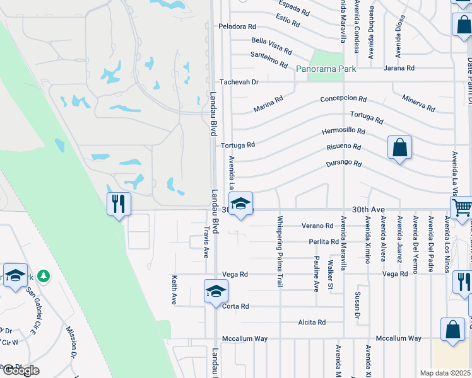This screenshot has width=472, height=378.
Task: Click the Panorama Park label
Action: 325,69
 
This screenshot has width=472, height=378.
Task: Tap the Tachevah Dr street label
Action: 239,82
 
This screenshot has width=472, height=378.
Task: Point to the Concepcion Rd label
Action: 343,99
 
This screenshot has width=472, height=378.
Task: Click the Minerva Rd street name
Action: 418,103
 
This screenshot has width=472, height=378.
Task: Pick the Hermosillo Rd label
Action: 343,131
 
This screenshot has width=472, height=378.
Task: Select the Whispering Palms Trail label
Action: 280,252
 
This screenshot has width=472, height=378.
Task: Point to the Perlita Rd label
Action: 324,242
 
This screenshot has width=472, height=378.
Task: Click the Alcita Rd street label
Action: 312,323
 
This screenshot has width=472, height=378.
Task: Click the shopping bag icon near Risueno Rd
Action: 399,148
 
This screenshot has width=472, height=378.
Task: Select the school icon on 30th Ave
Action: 240,204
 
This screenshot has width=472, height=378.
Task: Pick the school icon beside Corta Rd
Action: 216,292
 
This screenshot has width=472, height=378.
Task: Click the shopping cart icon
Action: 463,207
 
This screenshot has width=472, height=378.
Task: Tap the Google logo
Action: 20,370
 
